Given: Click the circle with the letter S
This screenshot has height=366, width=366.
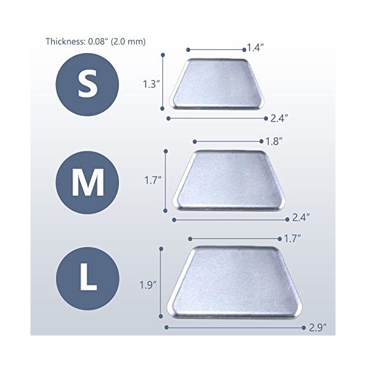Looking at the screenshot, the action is pos(87,85).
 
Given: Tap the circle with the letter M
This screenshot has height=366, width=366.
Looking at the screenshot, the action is pos(87,182).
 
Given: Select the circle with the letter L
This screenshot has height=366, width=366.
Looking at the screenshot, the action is pos(88,279).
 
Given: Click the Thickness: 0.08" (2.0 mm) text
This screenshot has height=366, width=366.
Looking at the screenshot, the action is pos(96,41).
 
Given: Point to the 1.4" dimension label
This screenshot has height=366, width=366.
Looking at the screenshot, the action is pos(256,48).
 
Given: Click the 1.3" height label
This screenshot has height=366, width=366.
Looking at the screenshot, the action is pos(151,84).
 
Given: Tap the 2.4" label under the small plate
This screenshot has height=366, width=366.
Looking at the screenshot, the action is pos(279,118).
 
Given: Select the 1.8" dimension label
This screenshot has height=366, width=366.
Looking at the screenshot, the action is pos(274,142).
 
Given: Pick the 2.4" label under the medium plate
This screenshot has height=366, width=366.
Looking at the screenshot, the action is pos(301,218).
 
